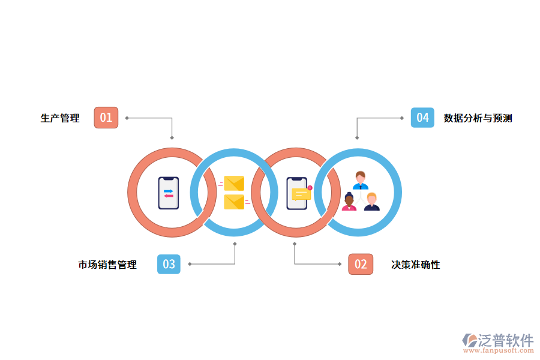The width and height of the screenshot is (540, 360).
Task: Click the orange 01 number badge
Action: pos(106,118)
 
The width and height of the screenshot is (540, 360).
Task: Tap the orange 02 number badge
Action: pos(361,264)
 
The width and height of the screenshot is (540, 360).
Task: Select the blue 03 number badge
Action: pos(169,264)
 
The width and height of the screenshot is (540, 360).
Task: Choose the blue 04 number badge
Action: pos(422,118)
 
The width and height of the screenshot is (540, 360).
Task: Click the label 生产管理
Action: pos(60,118)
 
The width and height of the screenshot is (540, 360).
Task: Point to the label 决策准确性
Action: pos(415,265)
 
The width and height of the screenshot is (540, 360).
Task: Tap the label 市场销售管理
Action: pos(107,265)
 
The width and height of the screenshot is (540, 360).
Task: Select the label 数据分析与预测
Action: pos(478,118)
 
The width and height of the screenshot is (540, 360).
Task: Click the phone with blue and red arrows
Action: pos(169,193)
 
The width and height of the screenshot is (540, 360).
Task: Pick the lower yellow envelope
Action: pos(234,202)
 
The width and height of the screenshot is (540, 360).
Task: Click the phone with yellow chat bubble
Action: pos(297,193)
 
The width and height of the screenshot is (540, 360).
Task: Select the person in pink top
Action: pos(349,202)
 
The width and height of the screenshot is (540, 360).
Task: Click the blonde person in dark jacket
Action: pos(371,202)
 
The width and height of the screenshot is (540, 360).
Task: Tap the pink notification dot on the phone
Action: pos(310,188)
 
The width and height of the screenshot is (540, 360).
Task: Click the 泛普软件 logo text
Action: pos(506,340)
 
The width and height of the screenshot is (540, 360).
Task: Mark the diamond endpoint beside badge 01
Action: pos(127,118)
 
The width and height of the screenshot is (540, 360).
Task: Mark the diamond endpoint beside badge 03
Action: pos(190,264)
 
